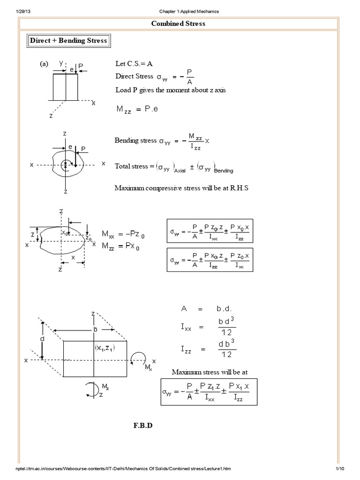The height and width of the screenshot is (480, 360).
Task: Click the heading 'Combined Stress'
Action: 178,23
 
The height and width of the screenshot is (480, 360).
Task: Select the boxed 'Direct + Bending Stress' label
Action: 68,40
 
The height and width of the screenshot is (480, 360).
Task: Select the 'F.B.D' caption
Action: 143,426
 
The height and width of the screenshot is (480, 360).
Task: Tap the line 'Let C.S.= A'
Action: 134,64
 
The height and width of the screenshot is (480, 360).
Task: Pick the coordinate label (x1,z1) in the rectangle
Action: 105,348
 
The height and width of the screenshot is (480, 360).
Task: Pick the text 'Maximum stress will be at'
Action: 209,372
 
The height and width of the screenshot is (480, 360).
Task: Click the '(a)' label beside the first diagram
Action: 44,64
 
